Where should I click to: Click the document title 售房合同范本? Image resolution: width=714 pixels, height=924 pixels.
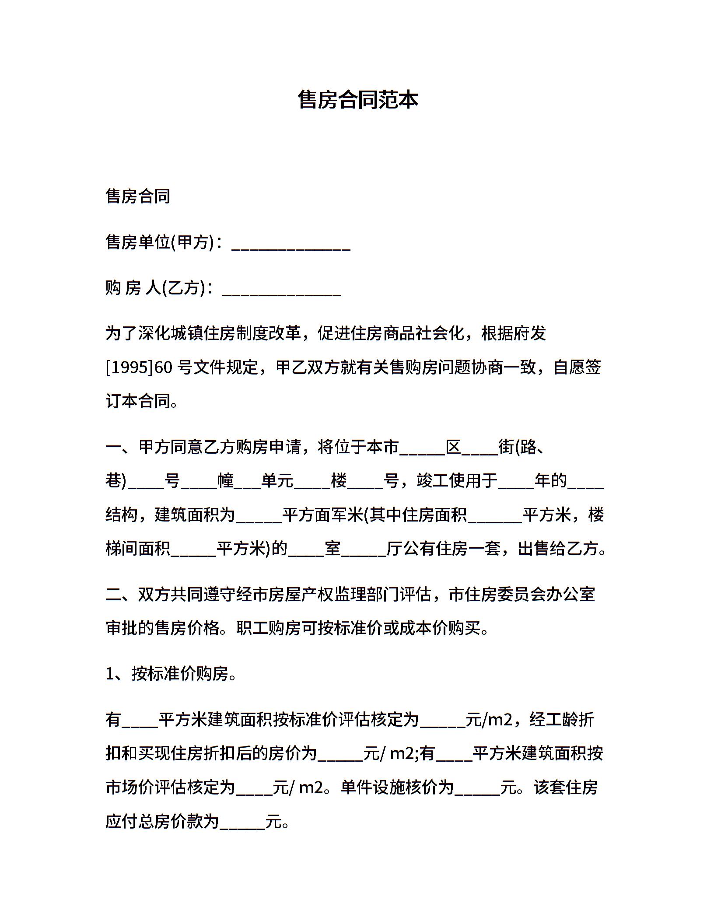[357, 100]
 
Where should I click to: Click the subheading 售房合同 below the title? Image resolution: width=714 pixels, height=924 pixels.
[138, 196]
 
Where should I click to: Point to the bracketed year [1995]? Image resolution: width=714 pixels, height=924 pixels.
[129, 367]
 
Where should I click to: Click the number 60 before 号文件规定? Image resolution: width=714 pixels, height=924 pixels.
[164, 367]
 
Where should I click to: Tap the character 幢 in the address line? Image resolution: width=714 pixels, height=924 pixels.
[226, 481]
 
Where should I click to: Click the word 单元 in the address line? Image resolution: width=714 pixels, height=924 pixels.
[277, 481]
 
